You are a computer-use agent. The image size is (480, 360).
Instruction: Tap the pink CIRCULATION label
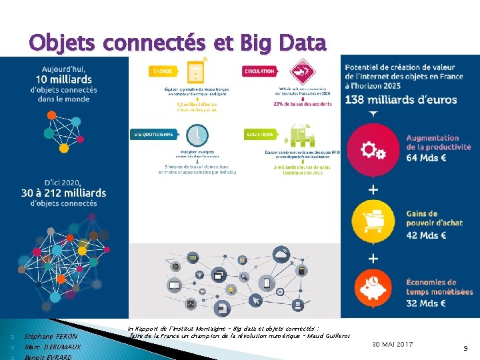point(259,70)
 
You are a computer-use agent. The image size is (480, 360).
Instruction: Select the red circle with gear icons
point(373,150)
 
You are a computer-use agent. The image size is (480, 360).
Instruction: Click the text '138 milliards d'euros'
point(401,99)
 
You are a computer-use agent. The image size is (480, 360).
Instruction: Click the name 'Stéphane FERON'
point(51,337)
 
